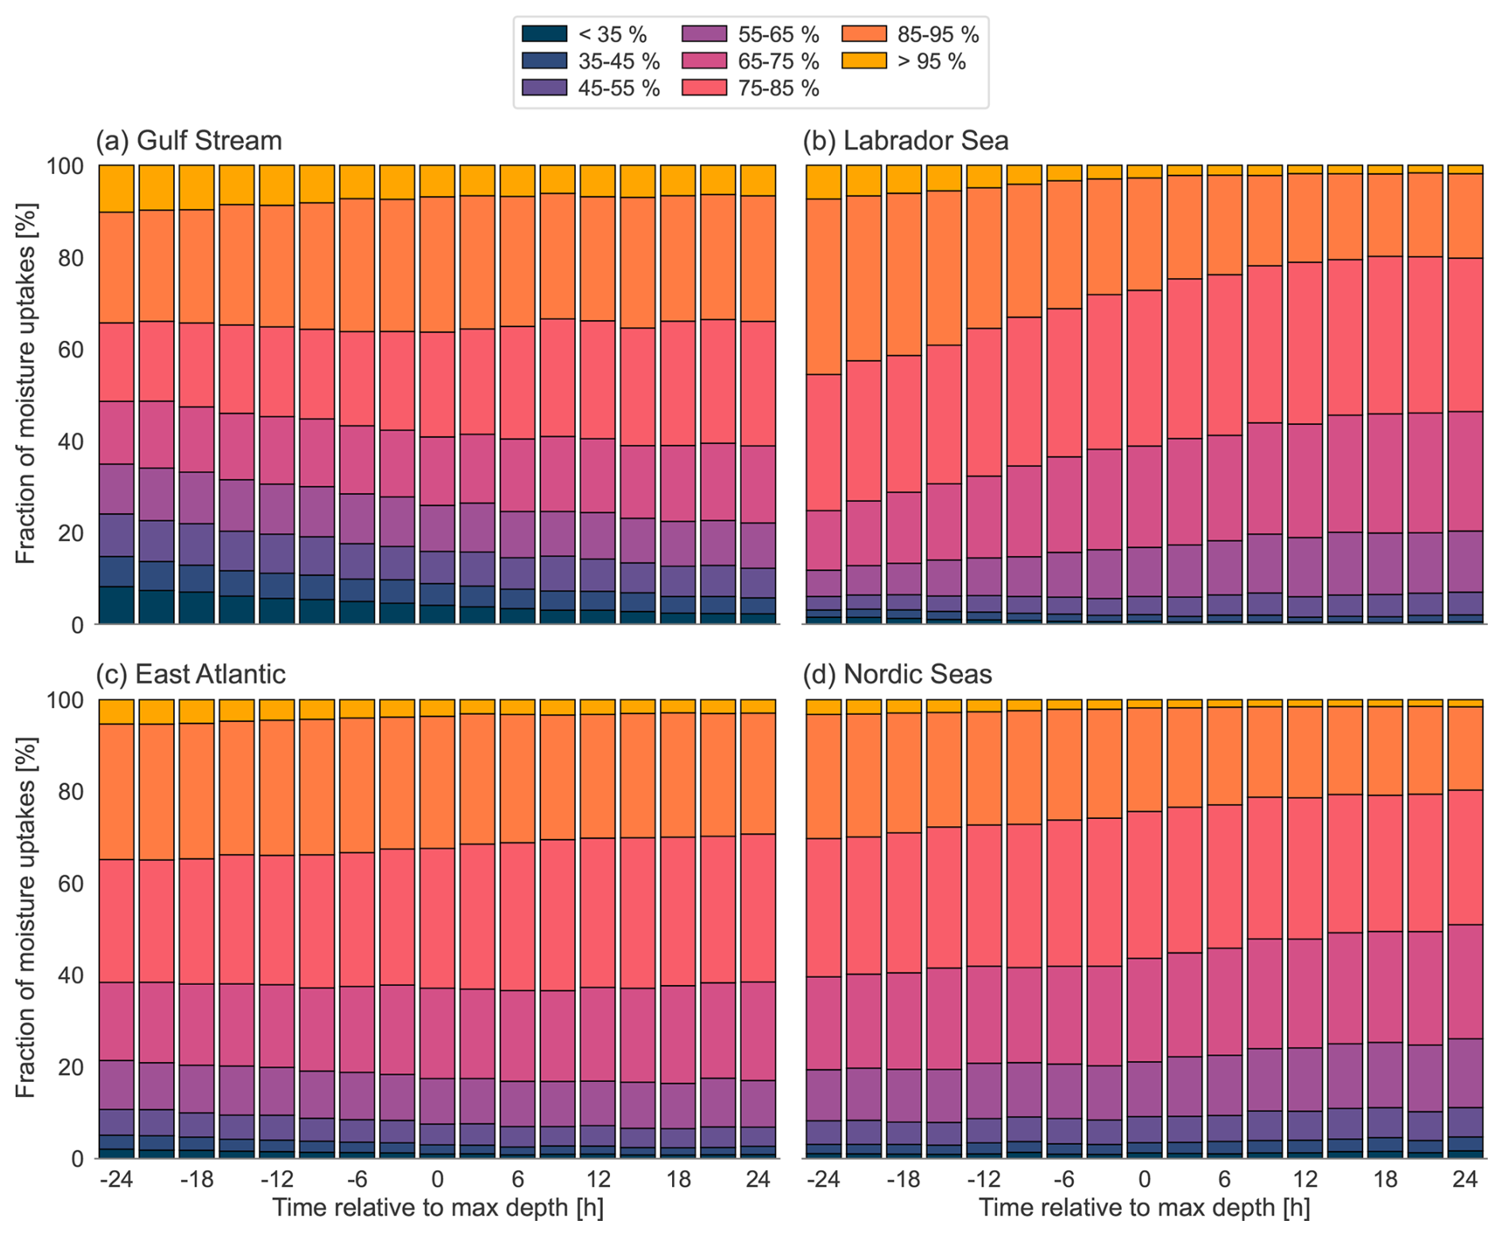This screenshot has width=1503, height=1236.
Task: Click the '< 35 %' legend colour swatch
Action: (544, 34)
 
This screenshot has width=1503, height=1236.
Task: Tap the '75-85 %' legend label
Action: (778, 88)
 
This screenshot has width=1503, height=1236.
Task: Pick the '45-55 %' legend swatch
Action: (544, 88)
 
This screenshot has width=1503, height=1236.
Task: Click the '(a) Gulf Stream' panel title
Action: (189, 141)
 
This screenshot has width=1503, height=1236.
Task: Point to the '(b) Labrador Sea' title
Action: (906, 141)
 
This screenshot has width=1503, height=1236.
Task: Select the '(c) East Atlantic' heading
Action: (191, 674)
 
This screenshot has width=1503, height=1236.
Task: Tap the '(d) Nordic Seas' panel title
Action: (898, 674)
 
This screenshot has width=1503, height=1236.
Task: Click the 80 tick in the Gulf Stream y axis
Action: (65, 258)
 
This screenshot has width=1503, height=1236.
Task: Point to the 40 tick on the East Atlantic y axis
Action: (65, 975)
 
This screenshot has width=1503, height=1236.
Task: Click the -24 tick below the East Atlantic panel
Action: (116, 1179)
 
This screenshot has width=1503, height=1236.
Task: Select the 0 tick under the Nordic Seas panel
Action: (1145, 1179)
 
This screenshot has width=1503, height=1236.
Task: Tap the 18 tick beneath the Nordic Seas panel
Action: (1385, 1179)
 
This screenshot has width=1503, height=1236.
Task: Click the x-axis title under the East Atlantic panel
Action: (438, 1207)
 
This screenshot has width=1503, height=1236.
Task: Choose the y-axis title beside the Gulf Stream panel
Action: (26, 395)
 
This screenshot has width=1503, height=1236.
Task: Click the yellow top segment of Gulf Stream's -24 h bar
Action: (116, 189)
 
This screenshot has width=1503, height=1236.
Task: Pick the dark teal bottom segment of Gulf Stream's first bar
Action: (116, 605)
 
